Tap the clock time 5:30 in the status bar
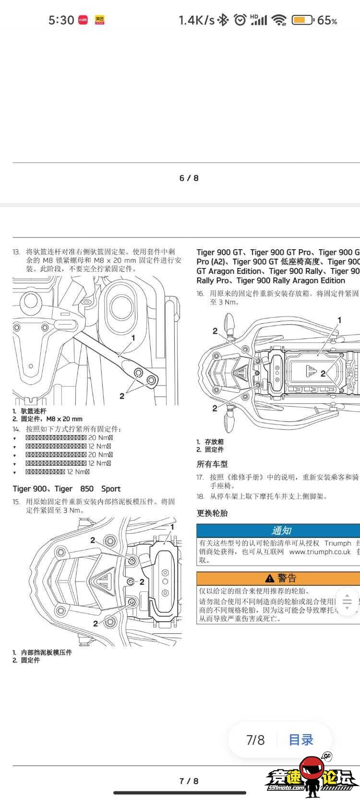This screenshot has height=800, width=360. pos(61,20)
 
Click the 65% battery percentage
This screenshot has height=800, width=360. pos(327,20)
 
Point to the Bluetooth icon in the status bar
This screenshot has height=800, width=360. pos(223,20)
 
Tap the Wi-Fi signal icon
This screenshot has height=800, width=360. pos(278,20)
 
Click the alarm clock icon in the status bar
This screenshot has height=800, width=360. pos(240,20)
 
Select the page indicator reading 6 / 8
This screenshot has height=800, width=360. pos(189,178)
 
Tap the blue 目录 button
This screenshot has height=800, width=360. pos(301,740)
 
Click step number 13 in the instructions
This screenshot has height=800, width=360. pos(16,252)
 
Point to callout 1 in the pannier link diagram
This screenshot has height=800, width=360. pos(133,338)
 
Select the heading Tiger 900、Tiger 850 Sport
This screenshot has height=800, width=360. pos(66,489)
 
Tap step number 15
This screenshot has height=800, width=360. pos(16,502)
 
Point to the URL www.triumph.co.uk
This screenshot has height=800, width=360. pos(320,552)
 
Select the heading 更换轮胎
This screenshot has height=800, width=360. pos(212,513)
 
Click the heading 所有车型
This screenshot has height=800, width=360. pos(212,464)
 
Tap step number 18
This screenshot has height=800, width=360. pos(200,497)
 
